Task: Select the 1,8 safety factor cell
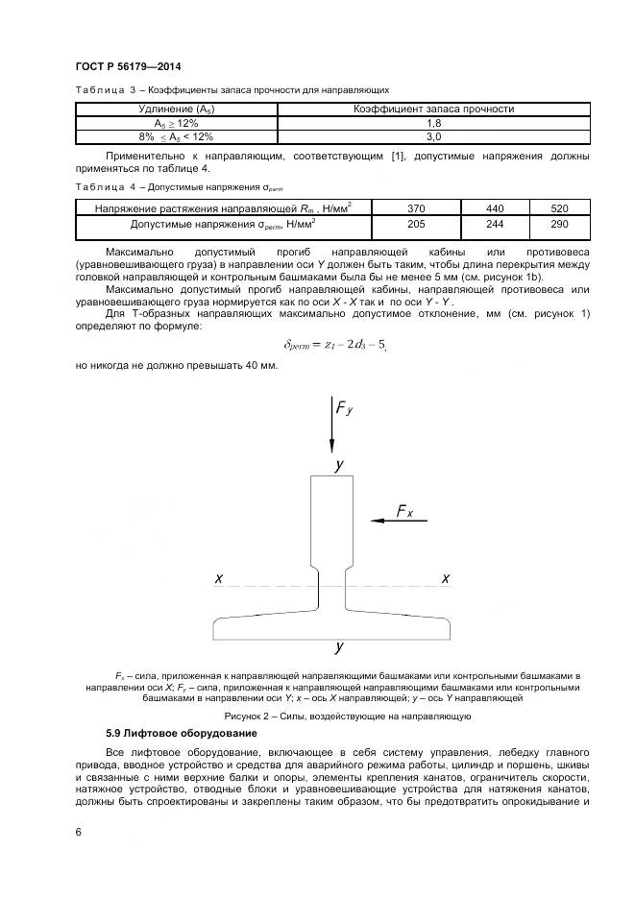[x=433, y=124]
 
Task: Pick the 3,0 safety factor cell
[x=433, y=137]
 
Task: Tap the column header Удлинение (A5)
[x=178, y=109]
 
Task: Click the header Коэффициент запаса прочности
[x=433, y=109]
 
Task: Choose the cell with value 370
[x=415, y=207]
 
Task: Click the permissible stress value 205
[x=415, y=224]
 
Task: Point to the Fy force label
[x=344, y=408]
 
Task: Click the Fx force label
[x=404, y=512]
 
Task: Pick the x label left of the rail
[x=219, y=579]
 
